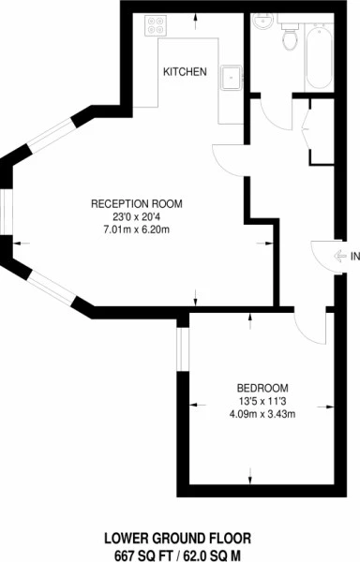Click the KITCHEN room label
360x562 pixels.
click(x=185, y=72)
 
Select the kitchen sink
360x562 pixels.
click(x=230, y=76)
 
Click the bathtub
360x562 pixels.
click(x=318, y=57)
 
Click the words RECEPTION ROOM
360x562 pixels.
click(x=136, y=204)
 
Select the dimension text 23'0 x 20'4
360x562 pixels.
click(x=136, y=217)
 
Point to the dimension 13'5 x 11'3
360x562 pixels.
click(x=262, y=402)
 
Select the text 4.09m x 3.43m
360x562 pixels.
click(x=262, y=415)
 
